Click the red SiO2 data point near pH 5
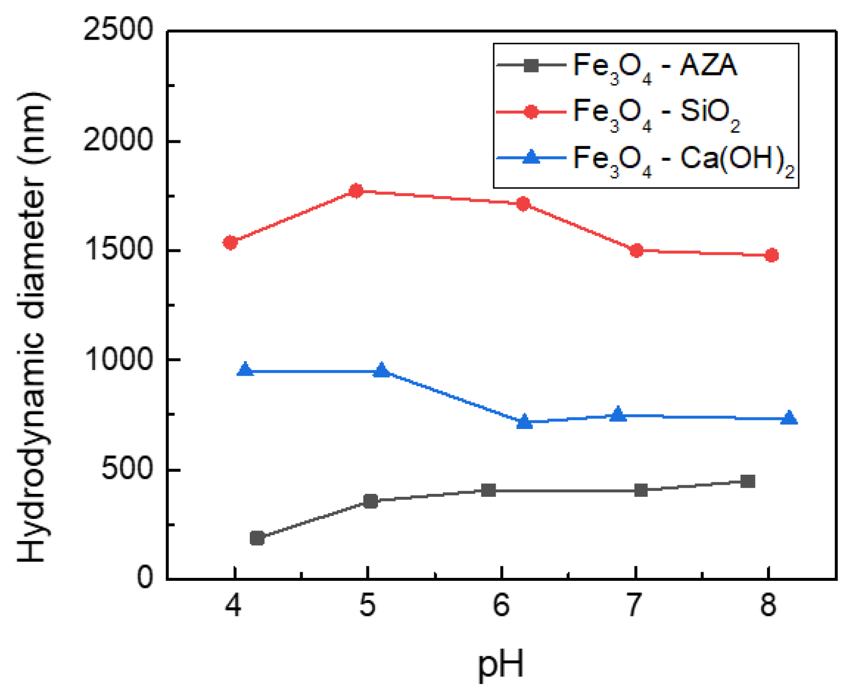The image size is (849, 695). [x=356, y=191]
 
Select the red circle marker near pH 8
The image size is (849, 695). [x=772, y=255]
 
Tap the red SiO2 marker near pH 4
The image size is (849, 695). [x=230, y=242]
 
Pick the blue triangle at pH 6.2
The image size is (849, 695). [x=524, y=422]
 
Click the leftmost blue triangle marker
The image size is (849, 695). [x=245, y=370]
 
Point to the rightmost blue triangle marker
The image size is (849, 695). [x=789, y=418]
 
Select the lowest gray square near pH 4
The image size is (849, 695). [x=257, y=538]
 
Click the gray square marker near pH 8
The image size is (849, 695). [x=748, y=481]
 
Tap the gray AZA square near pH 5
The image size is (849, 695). [x=370, y=501]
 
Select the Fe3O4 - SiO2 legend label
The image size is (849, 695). [x=656, y=113]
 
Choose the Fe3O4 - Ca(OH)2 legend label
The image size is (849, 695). [x=684, y=159]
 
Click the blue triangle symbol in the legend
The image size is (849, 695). [x=531, y=158]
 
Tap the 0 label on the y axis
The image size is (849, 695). [x=145, y=578]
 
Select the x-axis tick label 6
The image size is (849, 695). [x=501, y=605]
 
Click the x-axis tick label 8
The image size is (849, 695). [x=768, y=605]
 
